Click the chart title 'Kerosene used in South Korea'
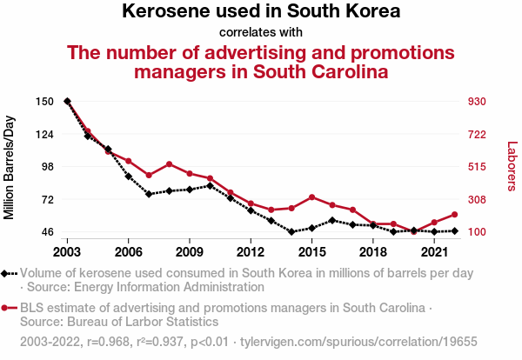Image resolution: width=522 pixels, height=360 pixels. coord(261,12)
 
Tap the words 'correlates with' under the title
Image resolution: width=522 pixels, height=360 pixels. coord(261,33)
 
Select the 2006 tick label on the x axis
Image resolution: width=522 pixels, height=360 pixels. coord(128,252)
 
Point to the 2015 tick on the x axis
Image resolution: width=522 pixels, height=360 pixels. coord(311,252)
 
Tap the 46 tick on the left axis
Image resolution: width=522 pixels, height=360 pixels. coord(47,232)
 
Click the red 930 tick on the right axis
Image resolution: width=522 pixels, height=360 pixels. coord(477,102)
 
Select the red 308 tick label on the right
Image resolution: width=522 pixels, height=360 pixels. coord(477,200)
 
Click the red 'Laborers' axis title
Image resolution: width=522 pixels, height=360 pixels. coord(512,166)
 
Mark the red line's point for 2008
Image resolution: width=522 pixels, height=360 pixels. coord(169,163)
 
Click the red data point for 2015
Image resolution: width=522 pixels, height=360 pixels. coord(311,197)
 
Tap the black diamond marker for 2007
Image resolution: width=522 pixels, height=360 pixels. coord(149,194)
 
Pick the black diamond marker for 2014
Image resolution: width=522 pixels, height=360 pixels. coord(291,232)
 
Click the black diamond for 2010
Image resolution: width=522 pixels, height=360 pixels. coord(210,185)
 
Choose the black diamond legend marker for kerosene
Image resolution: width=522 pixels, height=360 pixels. coord(6,273)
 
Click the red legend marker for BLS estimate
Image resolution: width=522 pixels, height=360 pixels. coord(6,308)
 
